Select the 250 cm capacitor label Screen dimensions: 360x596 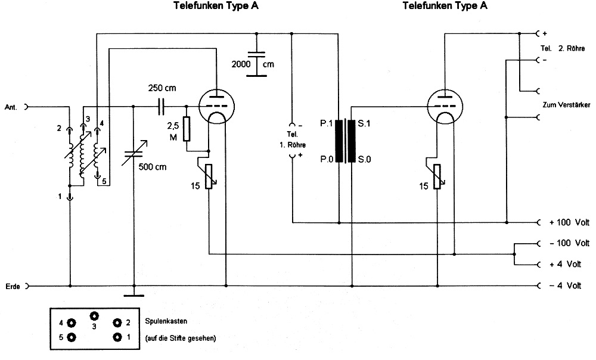[162, 88]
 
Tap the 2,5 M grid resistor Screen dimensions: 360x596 [187, 128]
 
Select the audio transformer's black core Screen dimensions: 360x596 [346, 141]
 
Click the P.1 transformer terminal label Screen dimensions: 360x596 [326, 123]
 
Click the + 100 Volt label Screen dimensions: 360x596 [569, 223]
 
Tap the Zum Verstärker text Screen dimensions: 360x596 [567, 105]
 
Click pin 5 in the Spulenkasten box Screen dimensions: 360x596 [72, 337]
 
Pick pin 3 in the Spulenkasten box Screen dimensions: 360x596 [94, 316]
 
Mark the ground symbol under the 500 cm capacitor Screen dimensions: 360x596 [133, 294]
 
